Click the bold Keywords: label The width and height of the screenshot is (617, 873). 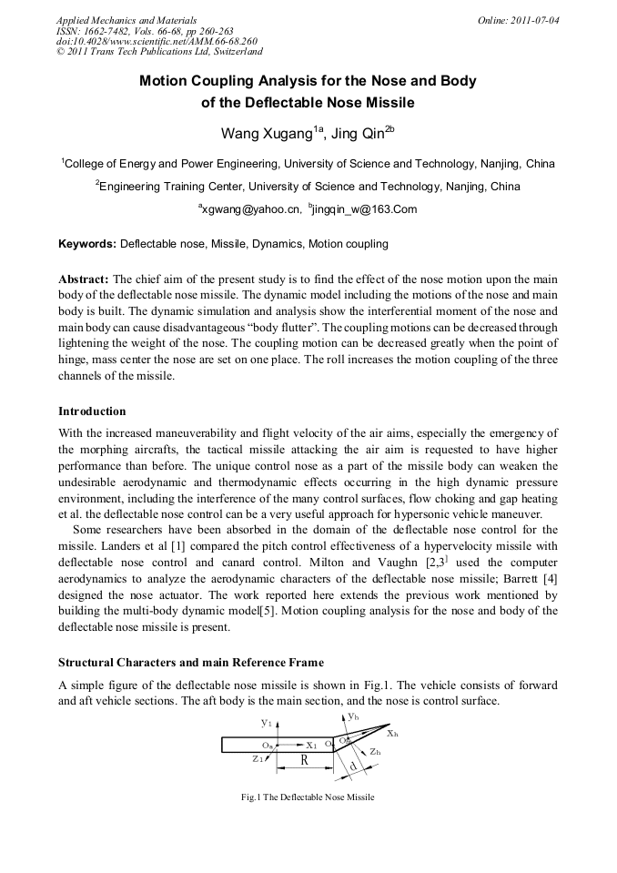pyautogui.click(x=87, y=244)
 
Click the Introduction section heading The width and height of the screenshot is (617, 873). pyautogui.click(x=92, y=411)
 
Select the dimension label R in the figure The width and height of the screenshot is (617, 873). pyautogui.click(x=305, y=759)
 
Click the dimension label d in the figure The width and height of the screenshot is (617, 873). pyautogui.click(x=352, y=767)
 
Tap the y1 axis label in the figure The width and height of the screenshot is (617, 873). pyautogui.click(x=266, y=722)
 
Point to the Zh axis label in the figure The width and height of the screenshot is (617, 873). pyautogui.click(x=375, y=752)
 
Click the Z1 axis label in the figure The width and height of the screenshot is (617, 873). pyautogui.click(x=259, y=758)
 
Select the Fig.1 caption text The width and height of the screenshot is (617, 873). pyautogui.click(x=308, y=797)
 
